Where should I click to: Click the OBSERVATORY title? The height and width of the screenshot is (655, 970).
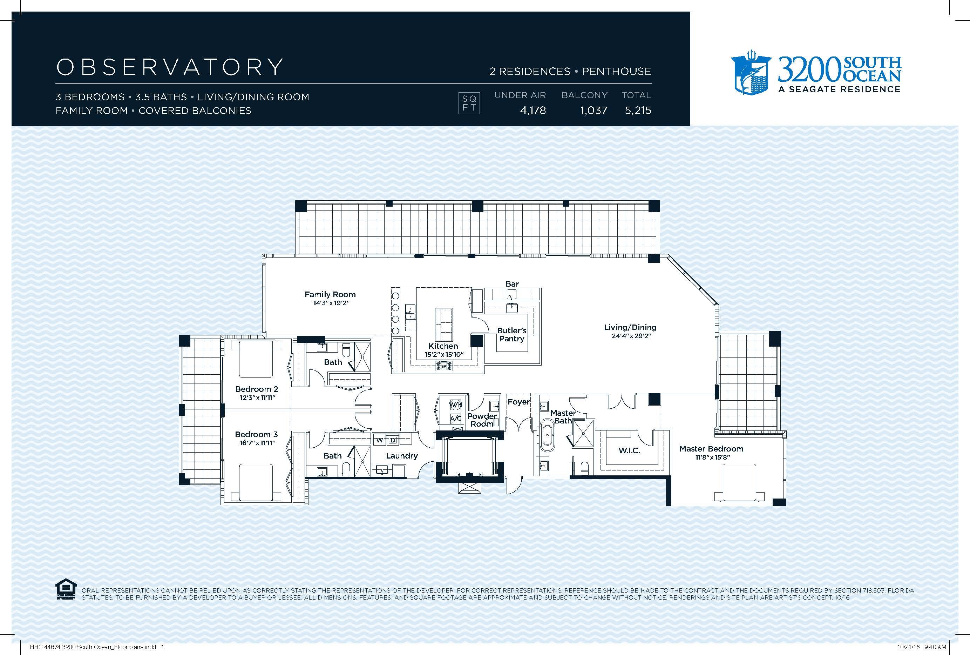[x=169, y=67]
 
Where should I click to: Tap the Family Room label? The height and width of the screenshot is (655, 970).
[x=330, y=294]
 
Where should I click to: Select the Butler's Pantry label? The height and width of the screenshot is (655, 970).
[x=512, y=335]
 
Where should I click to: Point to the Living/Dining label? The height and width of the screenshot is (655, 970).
[x=630, y=328]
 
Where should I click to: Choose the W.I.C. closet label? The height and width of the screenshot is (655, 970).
[x=629, y=451]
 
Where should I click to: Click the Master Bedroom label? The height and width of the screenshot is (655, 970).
[x=711, y=449]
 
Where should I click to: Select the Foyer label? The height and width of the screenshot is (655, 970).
[x=518, y=402]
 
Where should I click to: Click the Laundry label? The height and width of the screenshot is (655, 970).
[x=401, y=456]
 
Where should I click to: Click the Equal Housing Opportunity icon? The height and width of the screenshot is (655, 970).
[x=66, y=589]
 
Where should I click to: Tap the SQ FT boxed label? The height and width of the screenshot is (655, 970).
[x=469, y=103]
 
